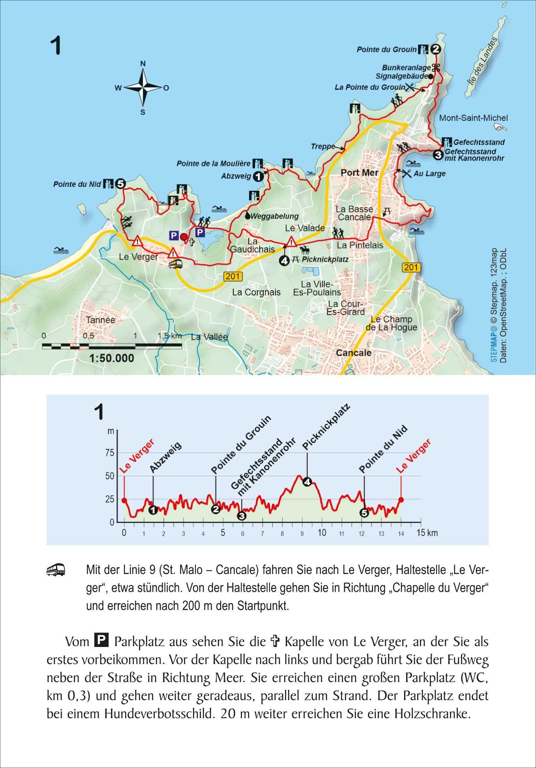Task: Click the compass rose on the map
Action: coord(142,88)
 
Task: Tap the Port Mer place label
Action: coord(359,173)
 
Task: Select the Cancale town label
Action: coord(353,353)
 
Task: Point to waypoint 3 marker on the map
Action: coord(438,155)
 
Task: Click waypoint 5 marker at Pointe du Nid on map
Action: coord(120,184)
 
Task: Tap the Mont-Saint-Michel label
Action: coord(473,118)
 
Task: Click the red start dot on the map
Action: coord(184,237)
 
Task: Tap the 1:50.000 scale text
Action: coord(112,358)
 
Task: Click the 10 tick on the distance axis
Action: coord(322,533)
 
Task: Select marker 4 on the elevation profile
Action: coord(307,482)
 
